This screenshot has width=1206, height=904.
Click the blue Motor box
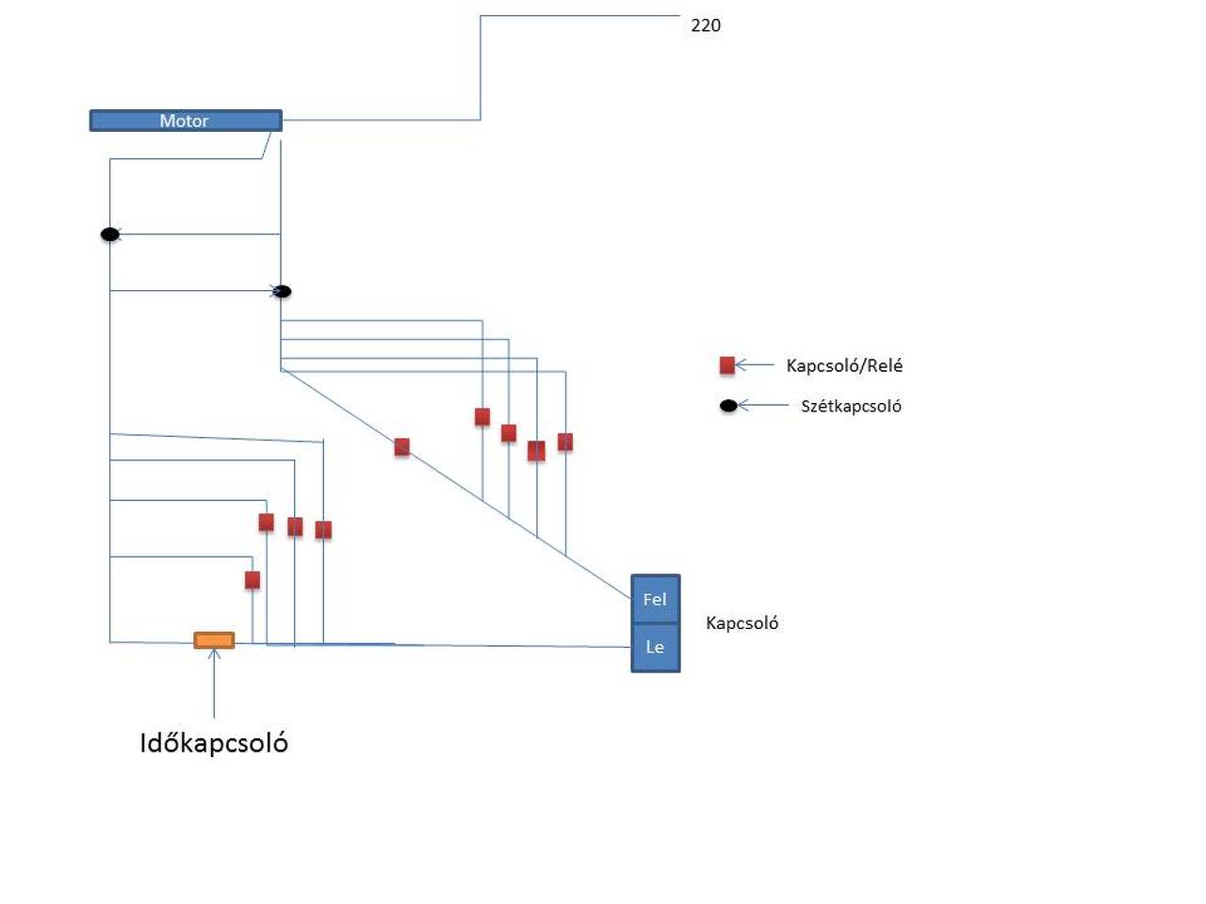click(186, 121)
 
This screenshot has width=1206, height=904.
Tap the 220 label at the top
click(706, 25)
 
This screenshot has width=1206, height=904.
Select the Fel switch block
click(655, 599)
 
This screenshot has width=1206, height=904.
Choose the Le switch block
click(655, 647)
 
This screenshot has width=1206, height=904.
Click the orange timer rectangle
click(214, 640)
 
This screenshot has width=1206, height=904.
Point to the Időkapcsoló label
click(214, 743)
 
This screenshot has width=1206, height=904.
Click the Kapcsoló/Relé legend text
click(844, 365)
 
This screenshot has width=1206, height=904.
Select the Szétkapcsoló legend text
click(851, 406)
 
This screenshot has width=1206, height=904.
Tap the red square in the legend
click(726, 365)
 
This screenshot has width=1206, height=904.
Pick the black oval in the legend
click(728, 406)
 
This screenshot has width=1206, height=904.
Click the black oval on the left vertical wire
click(110, 234)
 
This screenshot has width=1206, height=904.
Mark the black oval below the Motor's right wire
click(282, 291)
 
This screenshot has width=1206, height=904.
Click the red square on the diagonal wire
click(401, 446)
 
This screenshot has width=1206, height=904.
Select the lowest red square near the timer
click(252, 579)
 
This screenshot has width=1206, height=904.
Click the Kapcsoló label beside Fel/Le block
click(742, 622)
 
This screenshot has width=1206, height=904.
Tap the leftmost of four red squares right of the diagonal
click(482, 416)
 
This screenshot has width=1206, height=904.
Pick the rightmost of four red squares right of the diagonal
click(565, 442)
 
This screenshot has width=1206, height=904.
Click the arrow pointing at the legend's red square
click(754, 364)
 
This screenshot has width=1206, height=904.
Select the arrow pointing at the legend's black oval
click(762, 405)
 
